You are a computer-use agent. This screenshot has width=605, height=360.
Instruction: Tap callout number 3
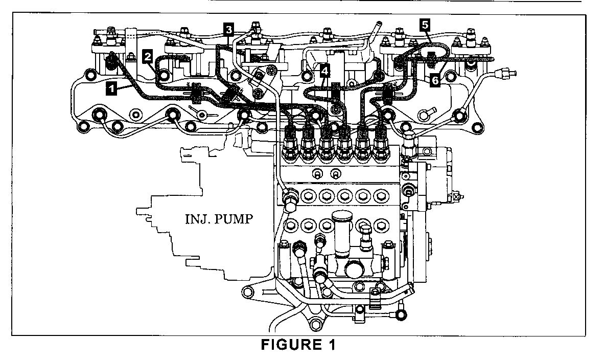pyautogui.click(x=228, y=28)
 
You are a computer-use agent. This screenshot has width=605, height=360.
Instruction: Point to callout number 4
pyautogui.click(x=325, y=72)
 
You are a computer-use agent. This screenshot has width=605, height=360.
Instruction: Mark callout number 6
pyautogui.click(x=434, y=81)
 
